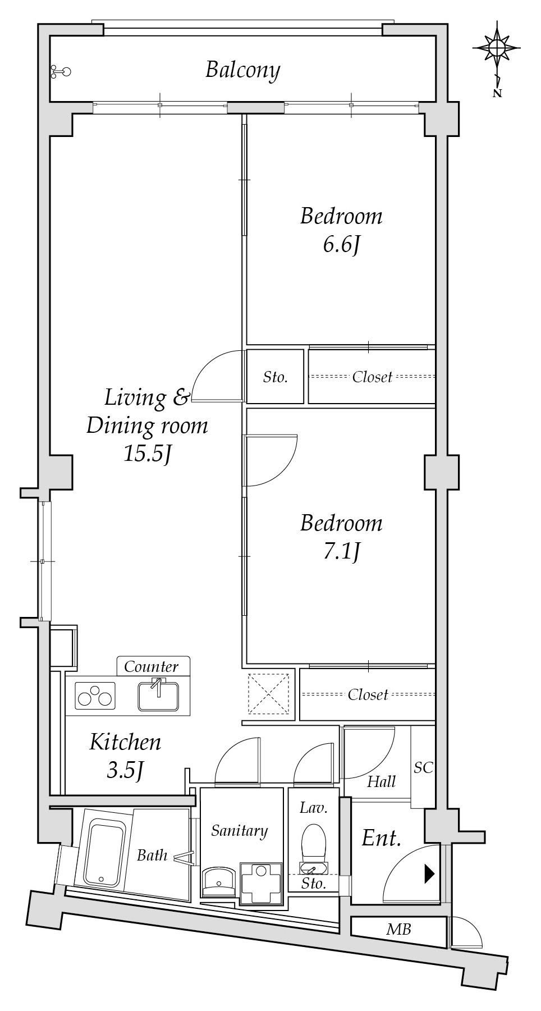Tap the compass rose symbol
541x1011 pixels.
[x=497, y=48]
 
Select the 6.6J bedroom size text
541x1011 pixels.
[x=341, y=245]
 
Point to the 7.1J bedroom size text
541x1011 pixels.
[x=341, y=553]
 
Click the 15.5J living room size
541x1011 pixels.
[x=147, y=454]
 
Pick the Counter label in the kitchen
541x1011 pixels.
[x=151, y=666]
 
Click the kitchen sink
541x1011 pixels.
[x=158, y=694]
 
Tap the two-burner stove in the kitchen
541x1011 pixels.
[x=95, y=696]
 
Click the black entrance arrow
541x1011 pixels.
[x=429, y=873]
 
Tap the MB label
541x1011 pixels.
[x=398, y=930]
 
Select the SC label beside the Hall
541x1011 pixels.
[x=423, y=767]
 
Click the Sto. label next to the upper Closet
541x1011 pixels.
[x=275, y=377]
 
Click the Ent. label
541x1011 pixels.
[x=382, y=839]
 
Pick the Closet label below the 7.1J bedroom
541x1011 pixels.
[x=368, y=695]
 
